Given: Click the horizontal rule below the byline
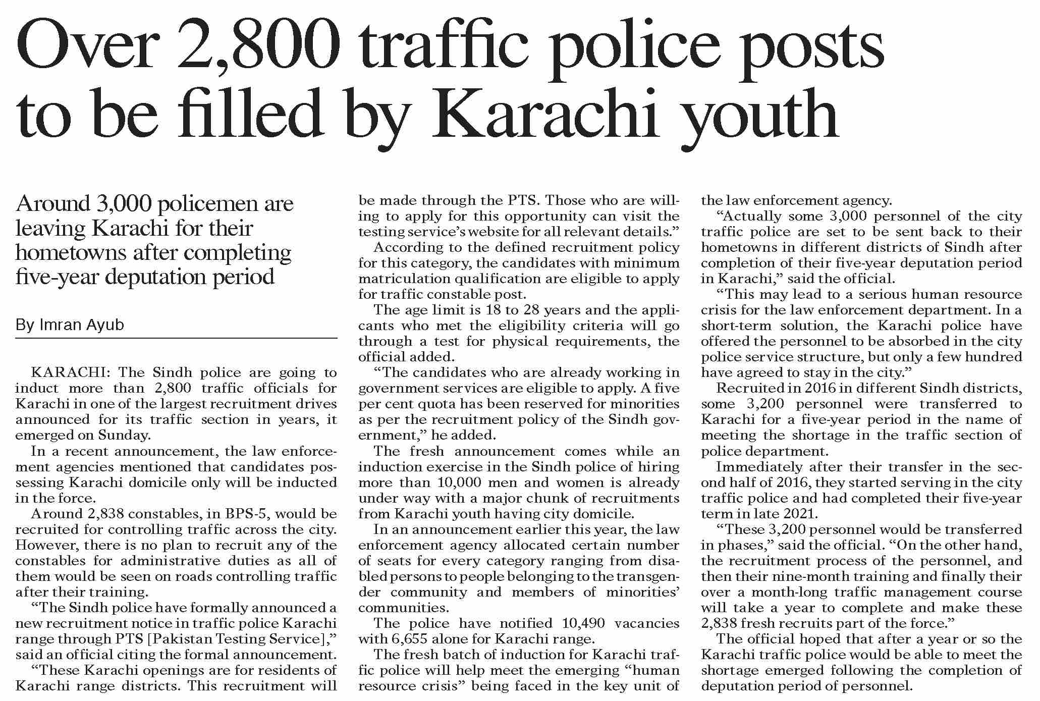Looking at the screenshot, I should coord(176,338).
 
